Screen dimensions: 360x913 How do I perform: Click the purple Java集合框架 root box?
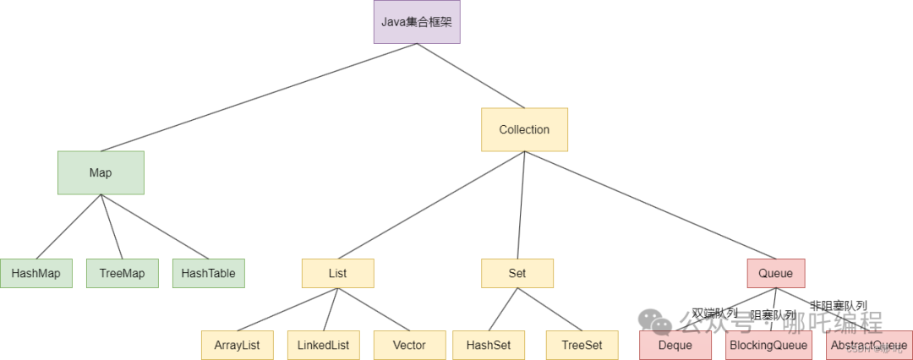tap(417, 22)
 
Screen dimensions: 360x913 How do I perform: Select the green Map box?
tap(101, 172)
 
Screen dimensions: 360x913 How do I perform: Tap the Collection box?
tap(524, 129)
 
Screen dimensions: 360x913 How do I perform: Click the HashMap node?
tap(36, 274)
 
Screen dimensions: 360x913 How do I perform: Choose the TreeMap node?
tap(122, 274)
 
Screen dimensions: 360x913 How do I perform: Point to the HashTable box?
tap(208, 274)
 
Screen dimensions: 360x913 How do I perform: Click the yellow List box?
tap(337, 274)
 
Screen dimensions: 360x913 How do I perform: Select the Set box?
tap(517, 274)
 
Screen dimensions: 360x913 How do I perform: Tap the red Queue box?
tap(775, 274)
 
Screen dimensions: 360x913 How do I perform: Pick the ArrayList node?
tap(237, 345)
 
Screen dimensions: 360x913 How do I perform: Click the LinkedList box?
tap(323, 345)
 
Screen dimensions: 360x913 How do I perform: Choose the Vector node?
tap(409, 345)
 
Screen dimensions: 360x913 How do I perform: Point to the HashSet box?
tap(489, 345)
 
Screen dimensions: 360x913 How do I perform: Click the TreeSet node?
tap(582, 345)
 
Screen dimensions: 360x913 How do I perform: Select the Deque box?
tap(675, 345)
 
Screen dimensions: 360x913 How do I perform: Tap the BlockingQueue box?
tap(768, 345)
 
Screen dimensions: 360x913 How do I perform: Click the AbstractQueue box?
tap(868, 345)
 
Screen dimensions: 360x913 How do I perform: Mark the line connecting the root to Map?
tap(259, 97)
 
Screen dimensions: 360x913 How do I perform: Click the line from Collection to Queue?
tap(649, 205)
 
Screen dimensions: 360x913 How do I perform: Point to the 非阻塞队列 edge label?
tap(838, 305)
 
